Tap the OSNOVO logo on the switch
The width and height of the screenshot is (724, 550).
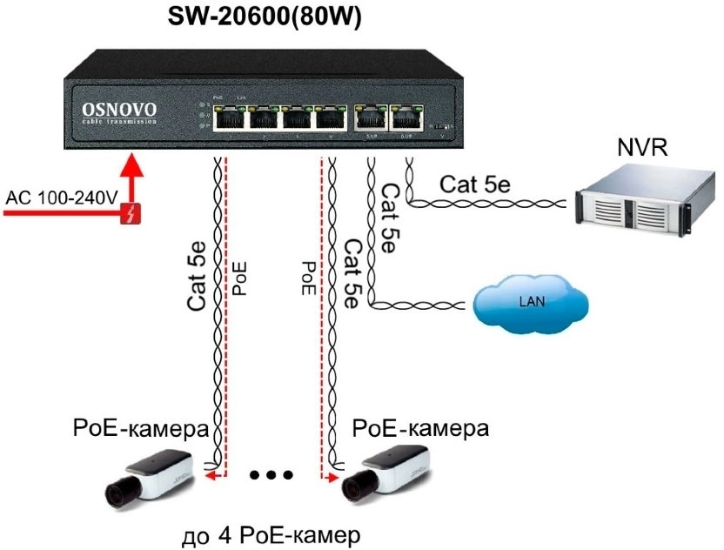(x=119, y=110)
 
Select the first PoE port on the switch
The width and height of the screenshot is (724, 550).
(x=228, y=118)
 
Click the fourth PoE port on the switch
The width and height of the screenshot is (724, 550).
(x=331, y=118)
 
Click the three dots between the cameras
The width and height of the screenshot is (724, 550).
(x=271, y=474)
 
